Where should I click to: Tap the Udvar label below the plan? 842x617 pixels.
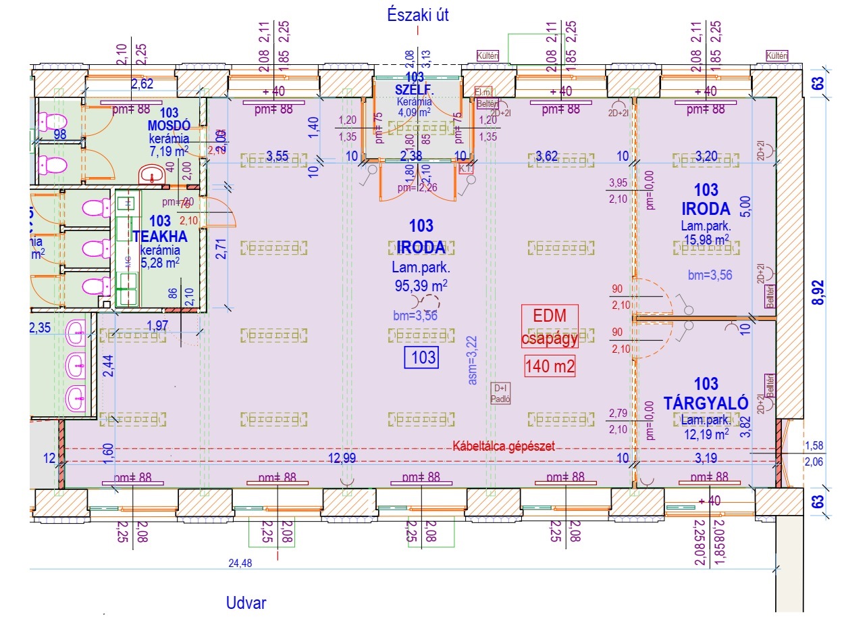coord(247,603)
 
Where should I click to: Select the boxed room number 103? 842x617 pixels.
coord(421,357)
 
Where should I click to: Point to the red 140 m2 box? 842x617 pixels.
coord(550,367)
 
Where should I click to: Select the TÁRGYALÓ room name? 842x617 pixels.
coord(706,403)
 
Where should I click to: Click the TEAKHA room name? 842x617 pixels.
coord(160,237)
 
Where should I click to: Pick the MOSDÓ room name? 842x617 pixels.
coord(169,125)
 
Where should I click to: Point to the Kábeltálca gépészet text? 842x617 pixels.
coord(504,447)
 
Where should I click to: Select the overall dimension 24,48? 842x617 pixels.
coord(240,563)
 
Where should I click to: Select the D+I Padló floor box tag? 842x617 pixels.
coord(500,393)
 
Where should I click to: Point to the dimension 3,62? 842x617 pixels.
coord(547,157)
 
